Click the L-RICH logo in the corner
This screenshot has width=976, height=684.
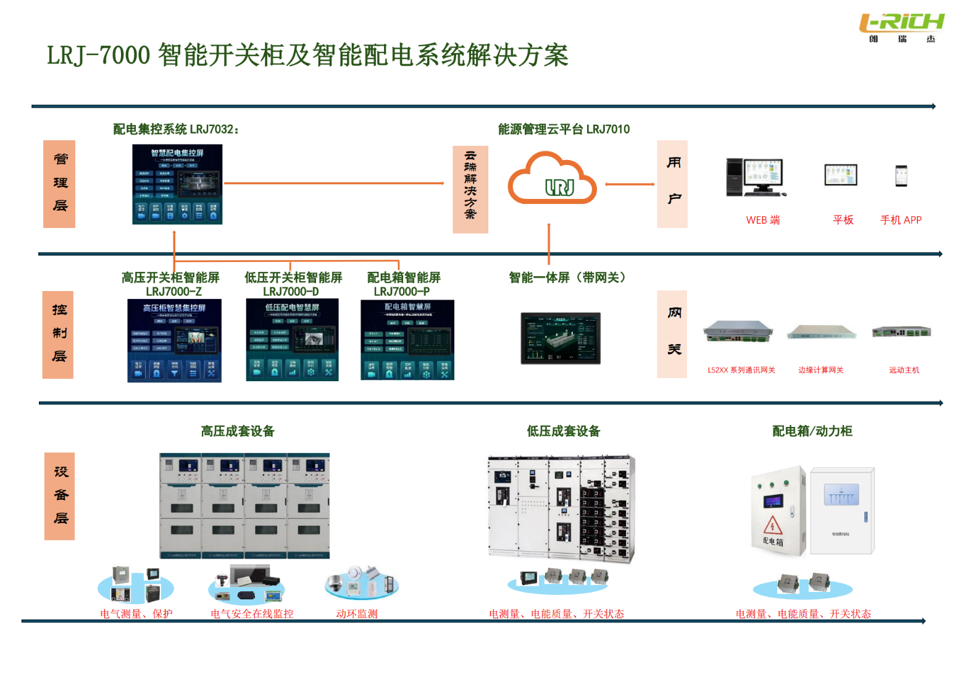tap(902, 27)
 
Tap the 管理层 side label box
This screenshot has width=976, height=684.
tap(59, 184)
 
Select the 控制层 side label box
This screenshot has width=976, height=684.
tap(58, 334)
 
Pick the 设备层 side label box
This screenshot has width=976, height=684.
tap(60, 496)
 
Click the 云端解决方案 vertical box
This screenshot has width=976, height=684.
tap(470, 189)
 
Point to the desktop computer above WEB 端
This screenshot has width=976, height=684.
tap(755, 177)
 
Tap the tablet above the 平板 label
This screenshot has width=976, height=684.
tap(841, 175)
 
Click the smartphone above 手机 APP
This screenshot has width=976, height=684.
tap(901, 175)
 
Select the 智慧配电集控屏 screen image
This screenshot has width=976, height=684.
tap(177, 184)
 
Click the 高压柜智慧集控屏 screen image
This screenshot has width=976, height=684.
tap(174, 340)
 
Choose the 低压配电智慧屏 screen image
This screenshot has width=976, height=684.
tap(292, 340)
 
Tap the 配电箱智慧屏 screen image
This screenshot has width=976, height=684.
tap(407, 340)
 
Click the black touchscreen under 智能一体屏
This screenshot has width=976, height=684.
tap(561, 338)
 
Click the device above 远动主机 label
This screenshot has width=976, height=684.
tap(901, 332)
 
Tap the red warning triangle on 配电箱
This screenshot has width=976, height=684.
tap(772, 526)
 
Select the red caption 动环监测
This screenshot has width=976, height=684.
tap(357, 614)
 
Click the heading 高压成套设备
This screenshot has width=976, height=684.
tap(238, 431)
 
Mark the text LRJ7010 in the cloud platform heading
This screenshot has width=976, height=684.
tap(608, 129)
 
